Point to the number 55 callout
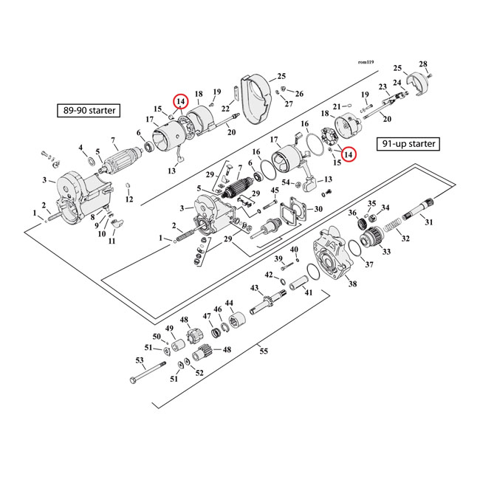(264, 352)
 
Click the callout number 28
(444, 64)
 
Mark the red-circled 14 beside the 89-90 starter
(179, 101)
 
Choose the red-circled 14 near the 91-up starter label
(349, 154)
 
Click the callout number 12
(129, 199)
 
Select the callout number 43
(254, 287)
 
